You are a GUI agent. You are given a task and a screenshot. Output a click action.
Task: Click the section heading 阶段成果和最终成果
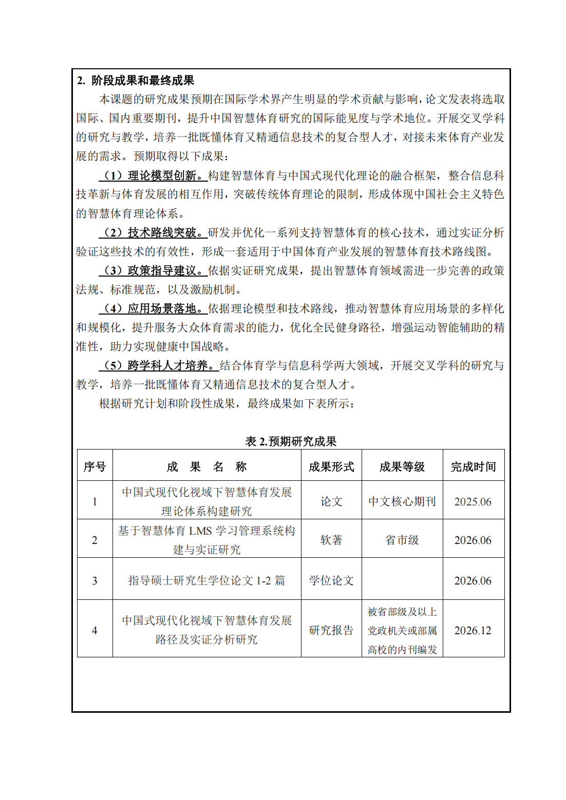click(142, 81)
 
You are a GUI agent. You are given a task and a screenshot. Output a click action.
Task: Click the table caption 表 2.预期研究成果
click(291, 441)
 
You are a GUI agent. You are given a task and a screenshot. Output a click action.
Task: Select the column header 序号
click(95, 466)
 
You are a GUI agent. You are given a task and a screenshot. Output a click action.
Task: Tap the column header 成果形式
click(331, 466)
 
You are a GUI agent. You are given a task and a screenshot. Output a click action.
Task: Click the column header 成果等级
click(402, 466)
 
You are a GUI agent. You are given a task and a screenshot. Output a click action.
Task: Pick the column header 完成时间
click(473, 466)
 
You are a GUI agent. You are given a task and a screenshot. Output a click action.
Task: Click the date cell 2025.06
click(473, 502)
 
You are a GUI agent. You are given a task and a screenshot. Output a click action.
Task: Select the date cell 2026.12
click(473, 631)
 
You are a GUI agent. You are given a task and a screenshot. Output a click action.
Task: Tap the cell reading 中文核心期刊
click(402, 502)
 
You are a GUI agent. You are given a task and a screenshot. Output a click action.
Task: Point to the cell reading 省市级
click(402, 540)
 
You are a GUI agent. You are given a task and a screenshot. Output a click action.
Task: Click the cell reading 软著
click(331, 540)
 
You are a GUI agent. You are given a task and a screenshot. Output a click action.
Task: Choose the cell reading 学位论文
click(331, 581)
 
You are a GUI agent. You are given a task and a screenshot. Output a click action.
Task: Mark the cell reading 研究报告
click(331, 631)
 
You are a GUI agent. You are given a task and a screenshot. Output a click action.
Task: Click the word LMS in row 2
click(200, 531)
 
